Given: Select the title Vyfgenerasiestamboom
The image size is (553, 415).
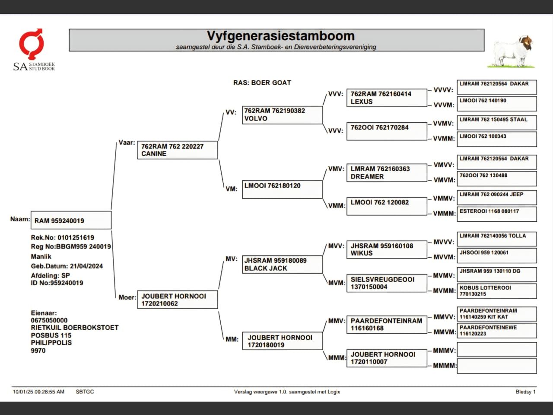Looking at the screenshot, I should coord(280,36).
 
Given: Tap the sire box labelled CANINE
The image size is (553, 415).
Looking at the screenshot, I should coord(177,150).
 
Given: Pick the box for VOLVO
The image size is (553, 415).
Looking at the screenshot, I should coord(282,115).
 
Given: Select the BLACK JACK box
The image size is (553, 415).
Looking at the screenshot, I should coord(282,264).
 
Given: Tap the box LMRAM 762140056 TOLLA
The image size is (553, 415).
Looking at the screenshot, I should coord(496,239).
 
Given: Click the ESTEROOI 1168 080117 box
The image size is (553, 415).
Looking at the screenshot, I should coord(496,214).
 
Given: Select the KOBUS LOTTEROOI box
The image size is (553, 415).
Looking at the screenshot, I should coord(496,290).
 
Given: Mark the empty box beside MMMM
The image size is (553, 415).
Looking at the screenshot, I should coord(496,366).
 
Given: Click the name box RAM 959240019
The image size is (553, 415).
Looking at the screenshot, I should coord(71,220).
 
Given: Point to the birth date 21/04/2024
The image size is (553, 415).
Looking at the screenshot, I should coord(86,266).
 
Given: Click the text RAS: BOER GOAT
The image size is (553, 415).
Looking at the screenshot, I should coord(262,83).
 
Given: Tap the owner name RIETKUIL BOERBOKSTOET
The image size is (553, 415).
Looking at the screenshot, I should coord(75,328).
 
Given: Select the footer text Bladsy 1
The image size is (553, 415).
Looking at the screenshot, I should coord(525,392).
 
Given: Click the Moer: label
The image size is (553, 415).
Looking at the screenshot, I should coord(127,297).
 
